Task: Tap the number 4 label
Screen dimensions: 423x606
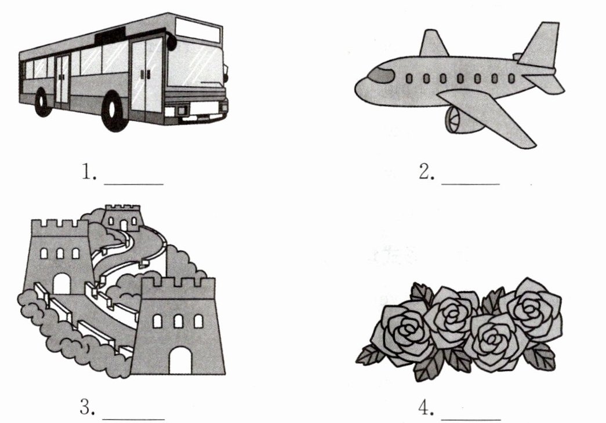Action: [x=426, y=407]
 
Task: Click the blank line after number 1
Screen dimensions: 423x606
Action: [x=134, y=183]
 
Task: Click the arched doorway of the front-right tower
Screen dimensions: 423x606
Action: [x=179, y=360]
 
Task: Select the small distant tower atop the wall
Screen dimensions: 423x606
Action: [x=122, y=218]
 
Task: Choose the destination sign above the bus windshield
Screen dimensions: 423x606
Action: [x=198, y=30]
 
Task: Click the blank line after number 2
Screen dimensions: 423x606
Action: [x=470, y=183]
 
